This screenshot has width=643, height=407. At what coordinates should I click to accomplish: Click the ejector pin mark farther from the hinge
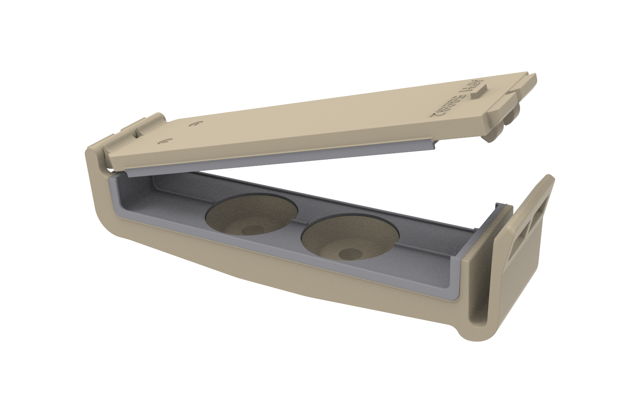click(195, 124)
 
